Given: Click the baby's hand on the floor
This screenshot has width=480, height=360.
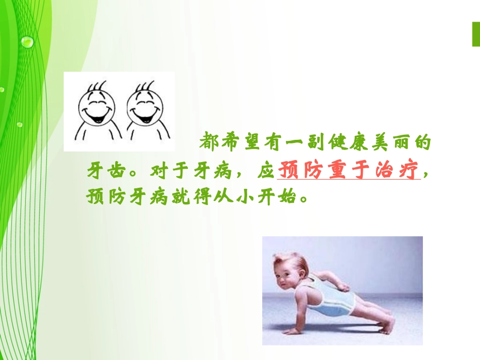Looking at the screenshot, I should pos(293,331).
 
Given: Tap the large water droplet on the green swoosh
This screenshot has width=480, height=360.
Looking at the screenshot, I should pos(27,41).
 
